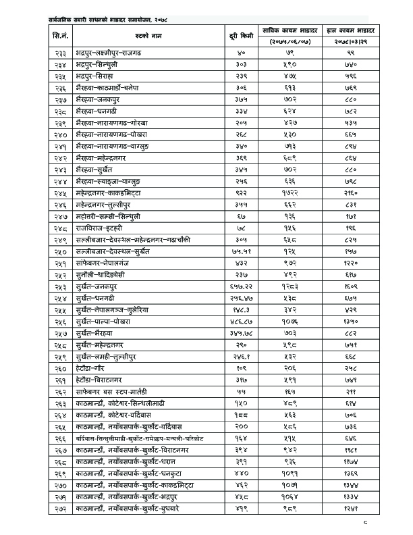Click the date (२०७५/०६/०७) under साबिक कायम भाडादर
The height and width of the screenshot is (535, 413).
[x=284, y=41]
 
